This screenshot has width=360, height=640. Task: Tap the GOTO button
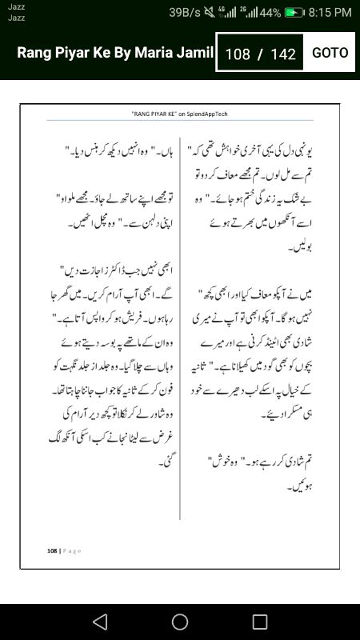coord(330,53)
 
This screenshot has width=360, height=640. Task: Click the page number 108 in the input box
coord(238,54)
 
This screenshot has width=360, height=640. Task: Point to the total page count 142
coord(283,54)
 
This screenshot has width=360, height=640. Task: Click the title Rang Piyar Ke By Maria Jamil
coord(115,53)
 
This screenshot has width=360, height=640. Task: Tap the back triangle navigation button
coord(99,621)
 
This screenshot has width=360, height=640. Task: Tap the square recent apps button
coord(259,621)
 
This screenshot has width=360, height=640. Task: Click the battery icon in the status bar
coord(295,13)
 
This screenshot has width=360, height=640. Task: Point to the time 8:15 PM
coord(330,13)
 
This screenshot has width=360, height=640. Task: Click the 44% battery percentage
coord(270,13)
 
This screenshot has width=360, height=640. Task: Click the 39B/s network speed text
coord(184,13)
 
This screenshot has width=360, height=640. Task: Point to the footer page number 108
coord(52,550)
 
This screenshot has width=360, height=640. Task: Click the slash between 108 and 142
coord(260,54)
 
